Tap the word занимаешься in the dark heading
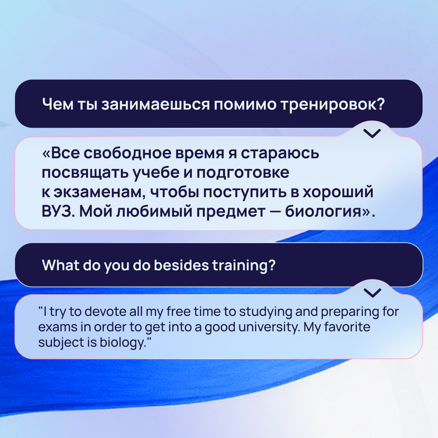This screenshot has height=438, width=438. (x=155, y=105)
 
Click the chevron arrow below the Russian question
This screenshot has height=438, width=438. (x=372, y=133)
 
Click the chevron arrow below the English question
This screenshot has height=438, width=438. (x=372, y=293)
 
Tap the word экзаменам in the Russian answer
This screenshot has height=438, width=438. (x=97, y=192)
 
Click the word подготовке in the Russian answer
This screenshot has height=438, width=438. (x=243, y=173)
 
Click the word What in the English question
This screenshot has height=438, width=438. (x=60, y=265)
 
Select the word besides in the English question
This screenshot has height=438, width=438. (x=182, y=265)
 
